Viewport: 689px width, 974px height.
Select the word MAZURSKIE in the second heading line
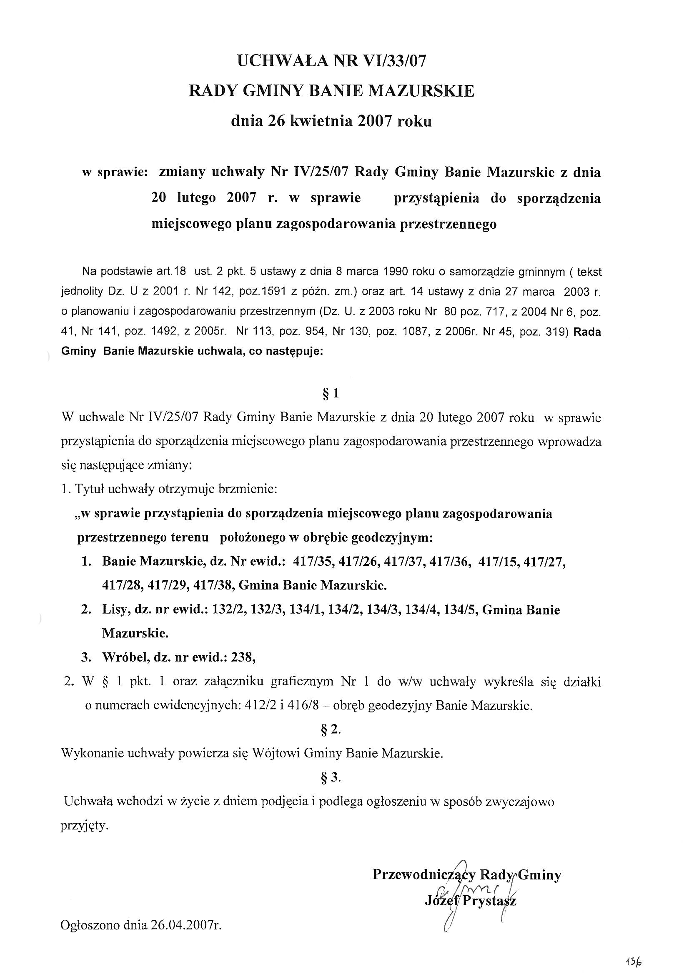421,91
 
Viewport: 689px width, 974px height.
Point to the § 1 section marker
331,394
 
